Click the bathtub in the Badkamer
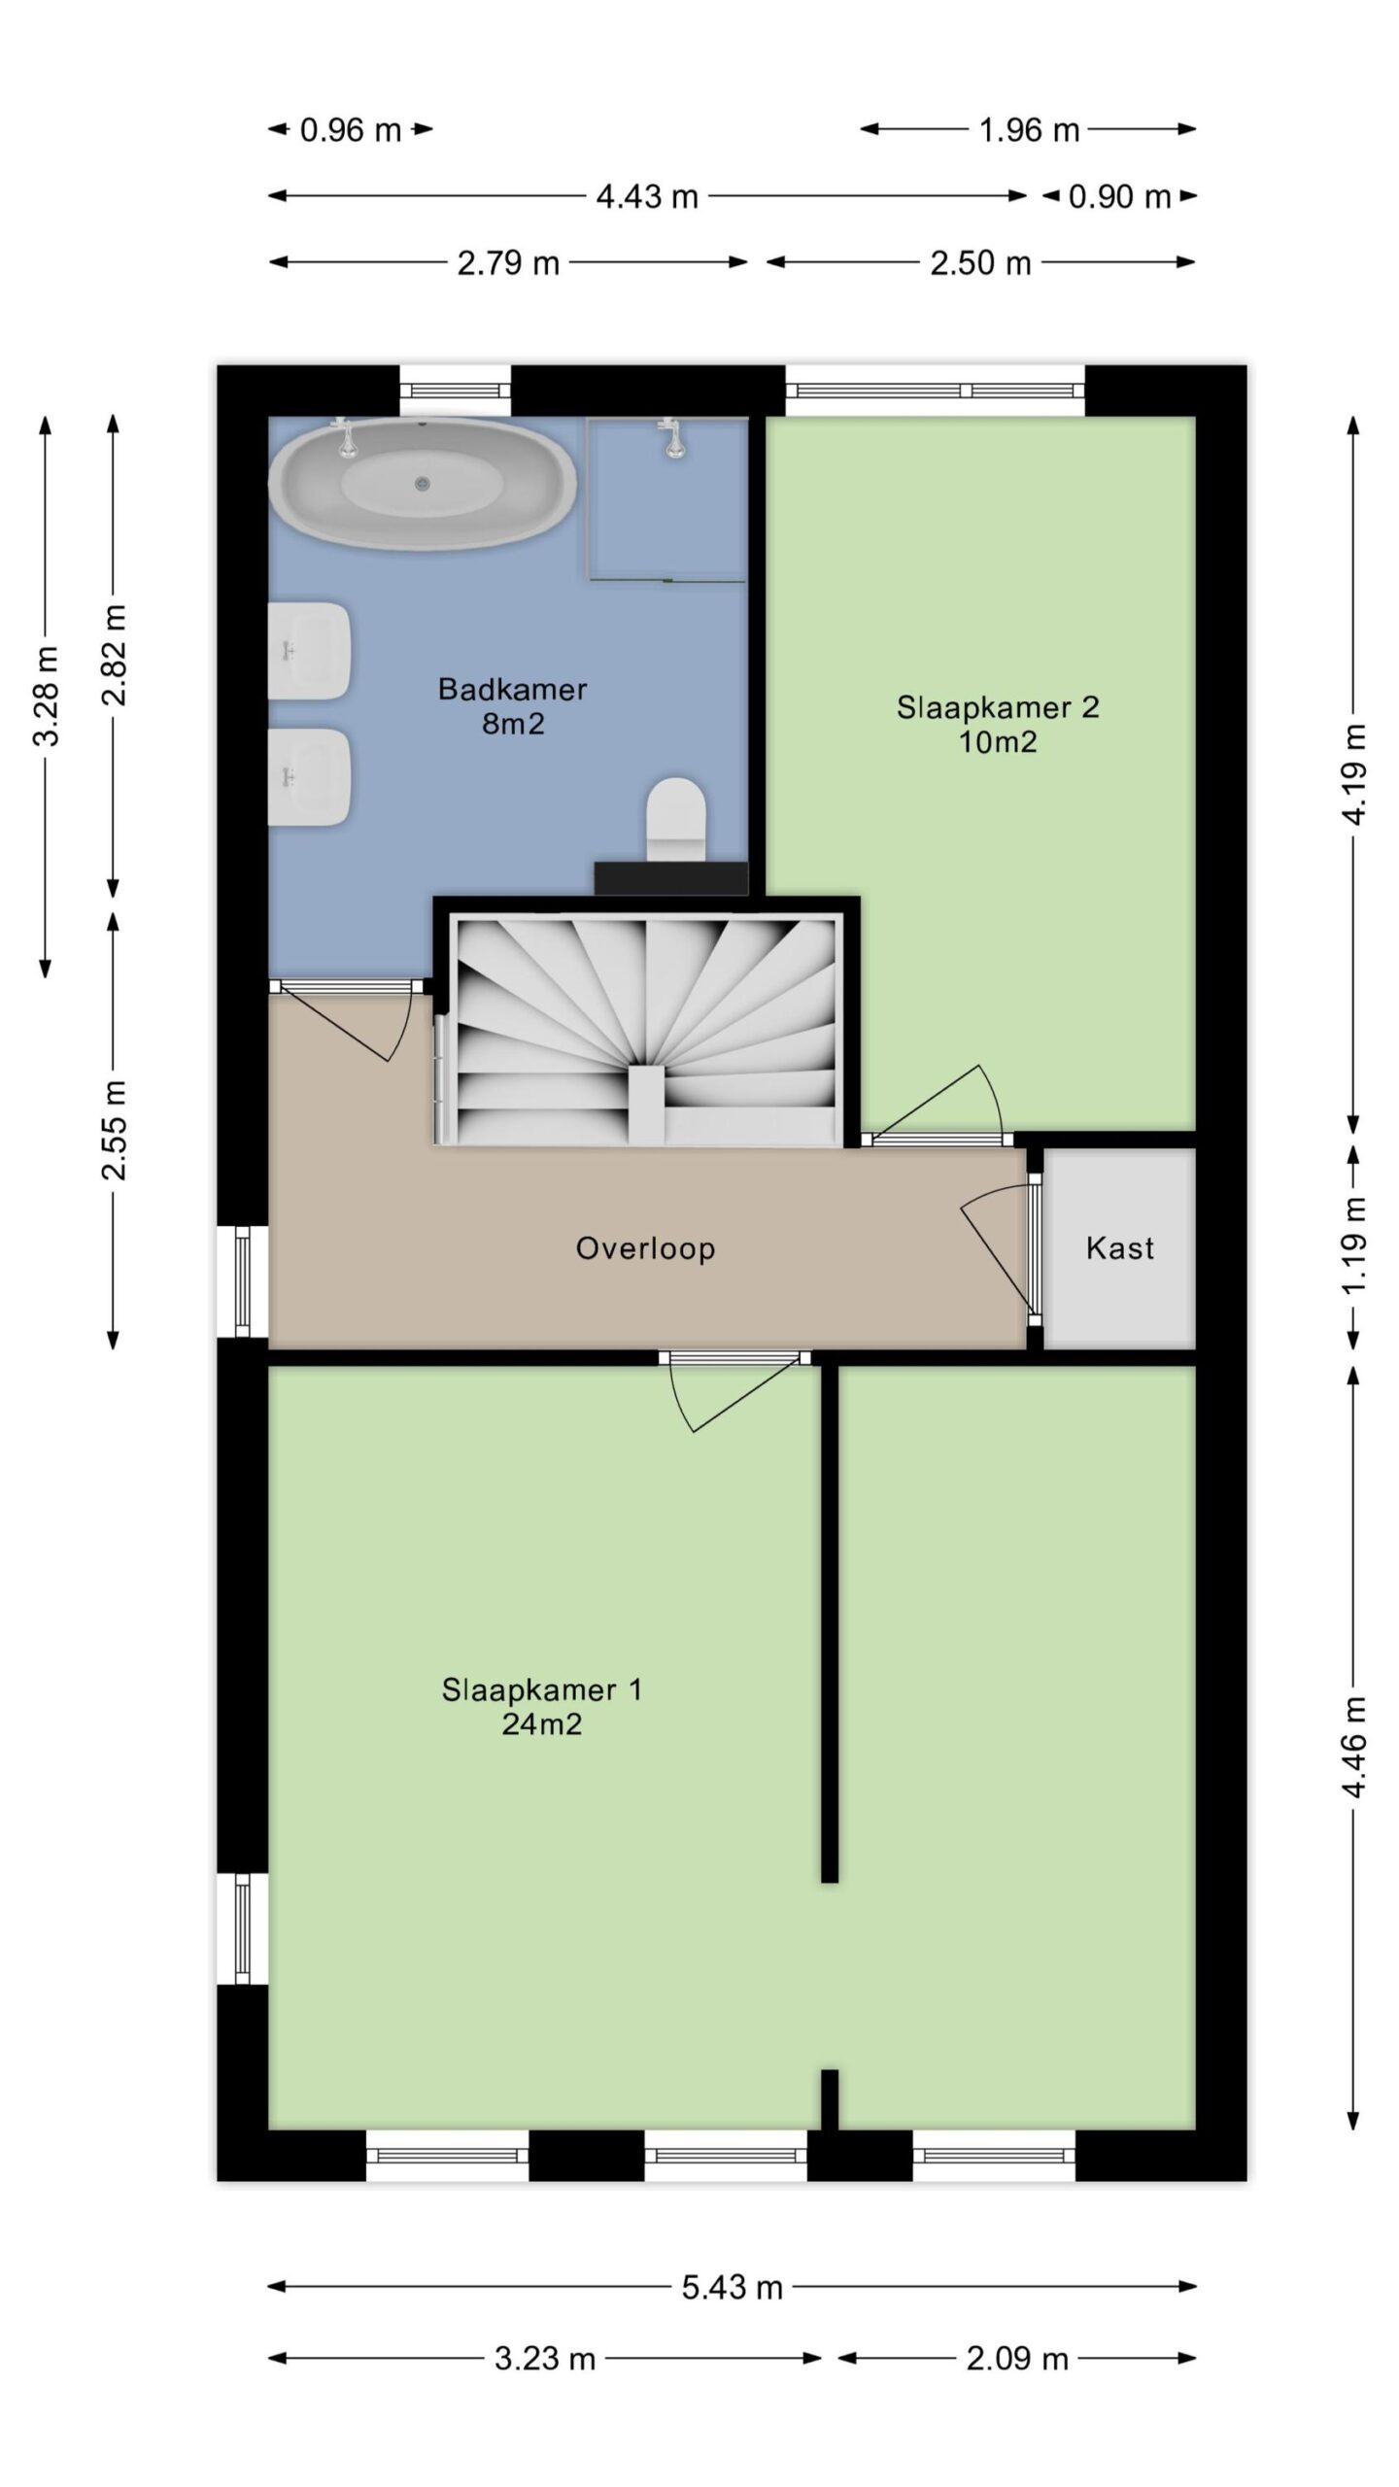point(422,483)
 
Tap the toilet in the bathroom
point(676,819)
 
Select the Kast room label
point(1120,1247)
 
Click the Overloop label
point(645,1247)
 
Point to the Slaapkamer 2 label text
point(998,706)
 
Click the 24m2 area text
point(541,1723)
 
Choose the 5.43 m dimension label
point(732,2287)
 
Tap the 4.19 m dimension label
point(1353,773)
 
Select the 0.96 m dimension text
point(350,129)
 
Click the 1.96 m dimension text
point(1029,129)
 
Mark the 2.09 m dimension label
point(1016,2358)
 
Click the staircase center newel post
point(647,1105)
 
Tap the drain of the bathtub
point(422,483)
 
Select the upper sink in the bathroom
point(309,650)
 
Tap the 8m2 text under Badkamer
point(513,723)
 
